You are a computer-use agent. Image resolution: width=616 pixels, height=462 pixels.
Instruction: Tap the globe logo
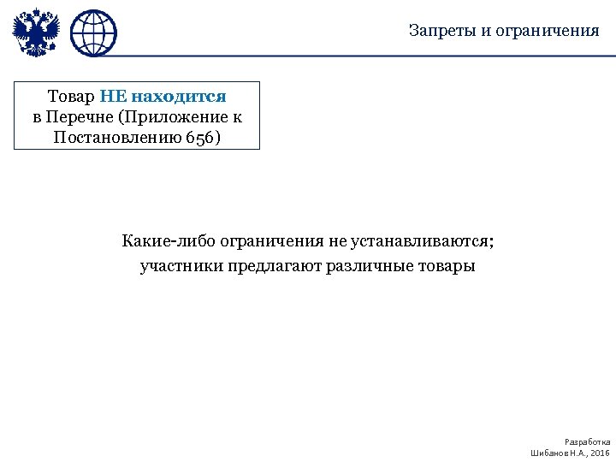tap(93, 33)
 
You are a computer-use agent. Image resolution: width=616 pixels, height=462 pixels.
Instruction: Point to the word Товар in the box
tap(71, 97)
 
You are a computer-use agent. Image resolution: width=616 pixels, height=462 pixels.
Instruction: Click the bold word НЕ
tap(113, 97)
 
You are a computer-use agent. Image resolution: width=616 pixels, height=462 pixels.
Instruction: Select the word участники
tap(181, 266)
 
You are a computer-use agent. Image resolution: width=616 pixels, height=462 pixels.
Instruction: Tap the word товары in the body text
tap(444, 266)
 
